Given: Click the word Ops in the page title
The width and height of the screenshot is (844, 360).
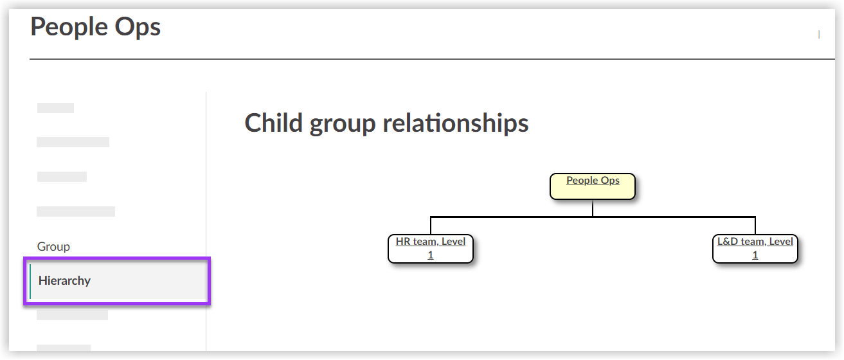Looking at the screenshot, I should (136, 27).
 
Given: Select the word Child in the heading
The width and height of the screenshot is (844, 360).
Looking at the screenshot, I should (274, 123).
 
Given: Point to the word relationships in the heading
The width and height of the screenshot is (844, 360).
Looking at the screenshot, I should (456, 123).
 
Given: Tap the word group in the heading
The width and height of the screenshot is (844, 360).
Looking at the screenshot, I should (343, 123).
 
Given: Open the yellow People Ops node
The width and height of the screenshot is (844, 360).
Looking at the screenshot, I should (593, 186).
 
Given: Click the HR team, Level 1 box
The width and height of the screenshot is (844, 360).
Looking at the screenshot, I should (430, 248).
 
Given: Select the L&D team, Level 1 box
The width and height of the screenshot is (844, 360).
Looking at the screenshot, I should (755, 248).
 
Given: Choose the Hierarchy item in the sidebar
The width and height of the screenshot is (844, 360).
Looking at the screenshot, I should (65, 280).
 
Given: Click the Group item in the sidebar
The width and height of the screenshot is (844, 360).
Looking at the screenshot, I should (53, 246).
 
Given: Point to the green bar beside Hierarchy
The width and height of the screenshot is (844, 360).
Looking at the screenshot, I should (30, 281).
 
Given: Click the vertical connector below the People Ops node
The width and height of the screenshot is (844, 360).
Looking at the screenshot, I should (593, 208).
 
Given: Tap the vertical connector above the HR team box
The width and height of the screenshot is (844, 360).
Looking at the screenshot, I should (431, 226).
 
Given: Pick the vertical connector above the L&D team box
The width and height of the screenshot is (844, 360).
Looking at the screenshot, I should (755, 226).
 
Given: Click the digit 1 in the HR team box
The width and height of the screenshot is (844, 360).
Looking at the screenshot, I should (431, 255).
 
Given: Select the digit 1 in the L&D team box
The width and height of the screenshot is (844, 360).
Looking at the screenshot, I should (755, 255).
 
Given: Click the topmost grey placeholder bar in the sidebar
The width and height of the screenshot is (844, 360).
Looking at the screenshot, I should (55, 108).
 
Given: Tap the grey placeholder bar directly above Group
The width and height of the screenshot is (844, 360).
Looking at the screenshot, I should (76, 211).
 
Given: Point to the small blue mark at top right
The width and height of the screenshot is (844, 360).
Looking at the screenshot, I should (818, 35).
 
